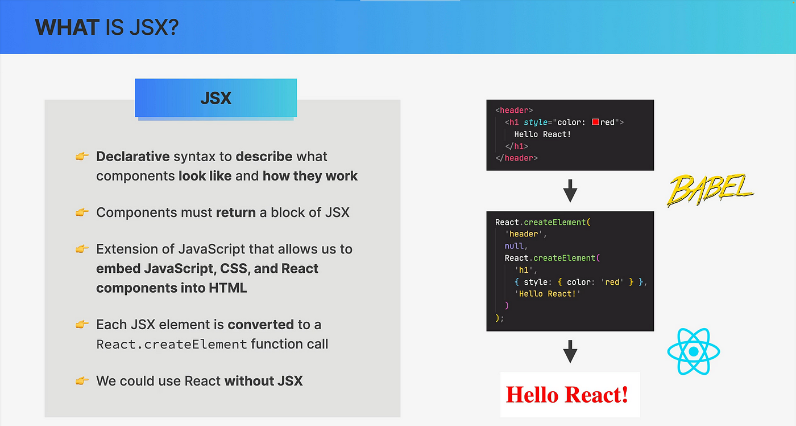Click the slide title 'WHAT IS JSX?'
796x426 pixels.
coord(107,27)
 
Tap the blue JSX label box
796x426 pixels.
coord(215,98)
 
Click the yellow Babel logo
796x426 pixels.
coord(710,190)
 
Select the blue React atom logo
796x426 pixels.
coord(693,351)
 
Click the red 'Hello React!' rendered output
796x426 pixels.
coord(567,395)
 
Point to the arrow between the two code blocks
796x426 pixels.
coord(570,191)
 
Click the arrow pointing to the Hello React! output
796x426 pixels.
coord(570,351)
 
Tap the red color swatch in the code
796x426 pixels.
coord(595,122)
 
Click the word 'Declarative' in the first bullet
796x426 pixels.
coord(133,157)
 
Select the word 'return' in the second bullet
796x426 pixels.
coord(235,212)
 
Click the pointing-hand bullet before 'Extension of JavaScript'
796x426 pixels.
coord(82,249)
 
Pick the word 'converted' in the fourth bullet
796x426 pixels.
coord(260,325)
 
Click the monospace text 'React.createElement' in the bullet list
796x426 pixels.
coord(172,345)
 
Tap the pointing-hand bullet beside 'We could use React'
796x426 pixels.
coord(82,381)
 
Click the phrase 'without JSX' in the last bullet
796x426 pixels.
coord(263,381)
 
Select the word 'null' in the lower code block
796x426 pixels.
coord(514,246)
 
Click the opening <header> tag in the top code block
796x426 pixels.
coord(514,110)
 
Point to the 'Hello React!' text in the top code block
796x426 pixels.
coord(542,134)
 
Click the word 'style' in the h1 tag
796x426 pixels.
coord(536,122)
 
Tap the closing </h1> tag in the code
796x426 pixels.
coord(516,146)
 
